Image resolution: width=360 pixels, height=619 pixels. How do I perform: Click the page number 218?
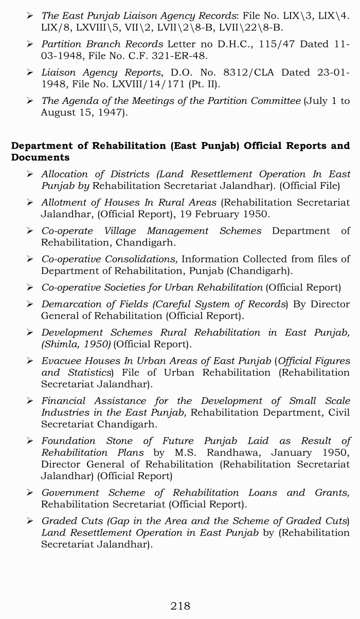click(180, 606)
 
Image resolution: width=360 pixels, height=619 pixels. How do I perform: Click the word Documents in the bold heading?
click(40, 157)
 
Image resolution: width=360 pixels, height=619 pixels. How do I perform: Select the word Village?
click(120, 231)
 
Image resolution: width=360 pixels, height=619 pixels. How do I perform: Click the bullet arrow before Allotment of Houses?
click(30, 203)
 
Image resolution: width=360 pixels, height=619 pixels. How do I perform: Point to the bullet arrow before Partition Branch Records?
click(30, 44)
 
